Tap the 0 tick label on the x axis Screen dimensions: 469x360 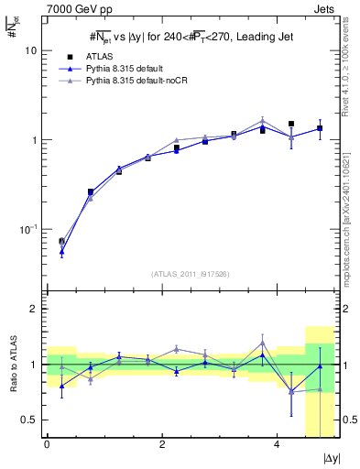(x=47, y=445)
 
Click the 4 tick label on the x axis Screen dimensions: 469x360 (x=277, y=445)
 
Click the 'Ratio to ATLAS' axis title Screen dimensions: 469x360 (x=12, y=364)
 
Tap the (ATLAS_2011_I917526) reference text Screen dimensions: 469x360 (x=191, y=273)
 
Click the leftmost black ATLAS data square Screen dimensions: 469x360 (x=61, y=241)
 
